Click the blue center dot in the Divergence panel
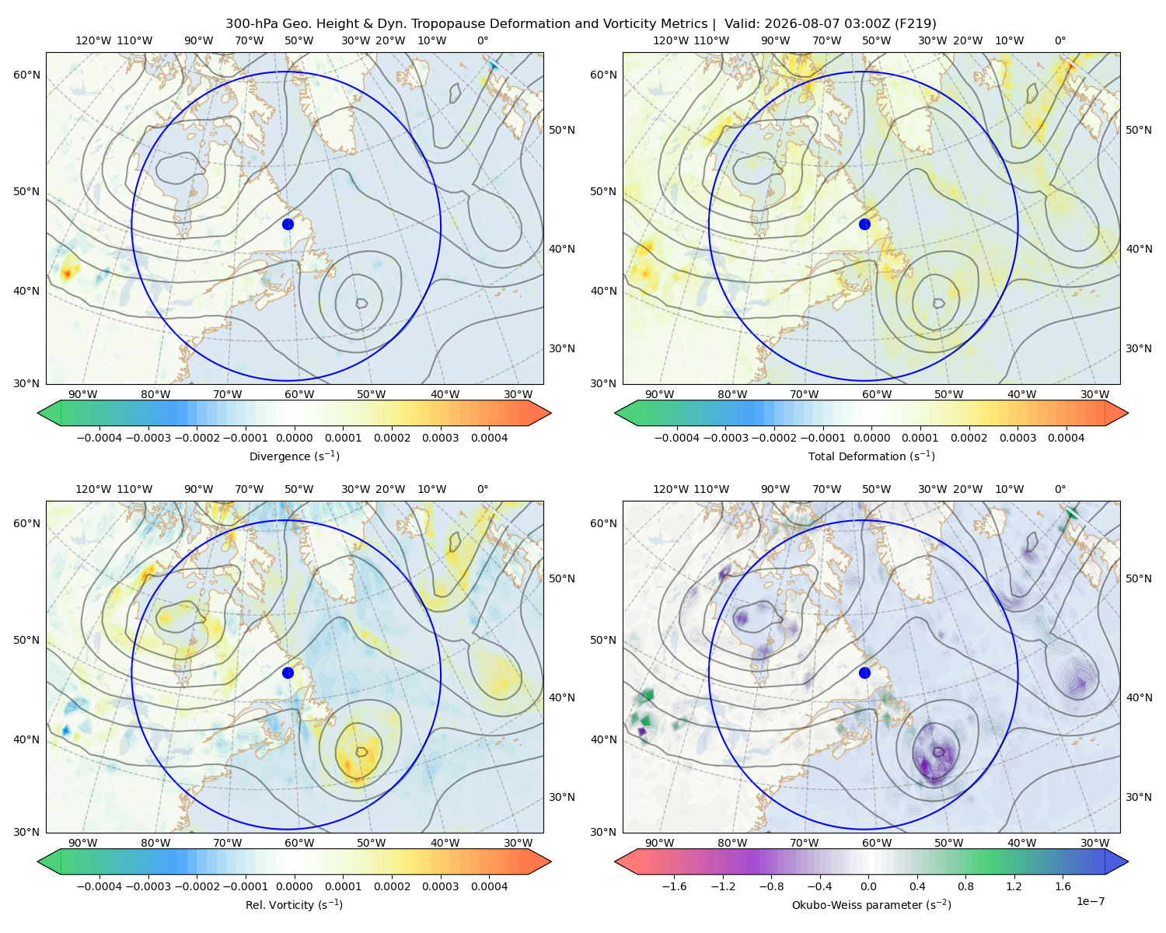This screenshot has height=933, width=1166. coord(288,224)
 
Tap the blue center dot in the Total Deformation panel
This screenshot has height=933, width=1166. coord(864,224)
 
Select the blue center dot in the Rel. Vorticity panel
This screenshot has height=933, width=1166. coord(288,673)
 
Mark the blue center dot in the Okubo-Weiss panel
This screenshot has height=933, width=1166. coord(864,673)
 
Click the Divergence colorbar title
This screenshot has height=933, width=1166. coord(294,456)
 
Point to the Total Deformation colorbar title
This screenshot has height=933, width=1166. coord(871,456)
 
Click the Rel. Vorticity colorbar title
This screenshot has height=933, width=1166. coord(294,905)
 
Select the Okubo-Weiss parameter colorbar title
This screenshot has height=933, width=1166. coord(871,905)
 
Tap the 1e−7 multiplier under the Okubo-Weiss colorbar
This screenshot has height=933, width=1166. coord(1090,901)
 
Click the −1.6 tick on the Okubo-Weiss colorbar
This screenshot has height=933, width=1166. coord(675,886)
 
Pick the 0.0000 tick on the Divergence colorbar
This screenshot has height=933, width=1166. coord(294,438)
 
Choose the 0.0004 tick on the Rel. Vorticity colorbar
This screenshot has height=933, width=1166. coord(489,886)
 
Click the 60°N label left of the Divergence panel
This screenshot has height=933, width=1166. coord(26,75)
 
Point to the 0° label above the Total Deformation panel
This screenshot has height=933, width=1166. coord(1060,40)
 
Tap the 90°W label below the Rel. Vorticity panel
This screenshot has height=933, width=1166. coord(83,843)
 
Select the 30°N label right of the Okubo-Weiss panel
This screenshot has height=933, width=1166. coord(1139,797)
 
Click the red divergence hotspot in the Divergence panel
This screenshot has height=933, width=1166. coord(67,274)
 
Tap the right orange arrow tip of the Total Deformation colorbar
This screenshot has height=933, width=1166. coord(1128,413)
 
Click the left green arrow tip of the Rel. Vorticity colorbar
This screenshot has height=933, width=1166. coord(38,861)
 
